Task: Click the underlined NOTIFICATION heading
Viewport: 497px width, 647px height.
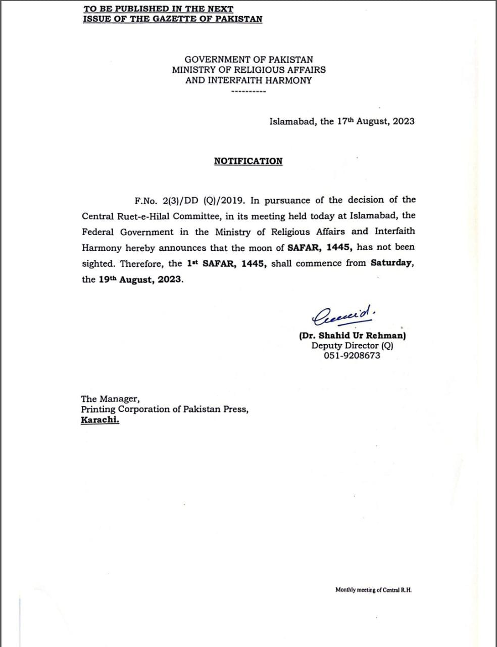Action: pos(248,161)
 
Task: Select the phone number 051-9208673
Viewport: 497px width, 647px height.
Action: pos(352,355)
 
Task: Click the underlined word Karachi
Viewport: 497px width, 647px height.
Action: pos(100,420)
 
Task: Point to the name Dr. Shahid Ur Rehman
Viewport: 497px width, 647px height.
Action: pos(352,336)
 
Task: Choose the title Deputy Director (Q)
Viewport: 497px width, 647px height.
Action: pos(352,346)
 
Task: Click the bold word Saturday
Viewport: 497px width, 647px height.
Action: pos(392,263)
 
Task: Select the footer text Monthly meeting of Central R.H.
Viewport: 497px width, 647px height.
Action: pos(373,589)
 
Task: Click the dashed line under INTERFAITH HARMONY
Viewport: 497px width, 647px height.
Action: pos(248,92)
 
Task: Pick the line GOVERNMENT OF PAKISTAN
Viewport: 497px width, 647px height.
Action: pos(249,60)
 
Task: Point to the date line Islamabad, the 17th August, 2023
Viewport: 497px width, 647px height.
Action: pos(342,121)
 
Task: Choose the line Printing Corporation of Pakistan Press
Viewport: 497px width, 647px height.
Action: pos(165,409)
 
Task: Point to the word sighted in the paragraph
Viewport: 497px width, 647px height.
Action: pos(98,263)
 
